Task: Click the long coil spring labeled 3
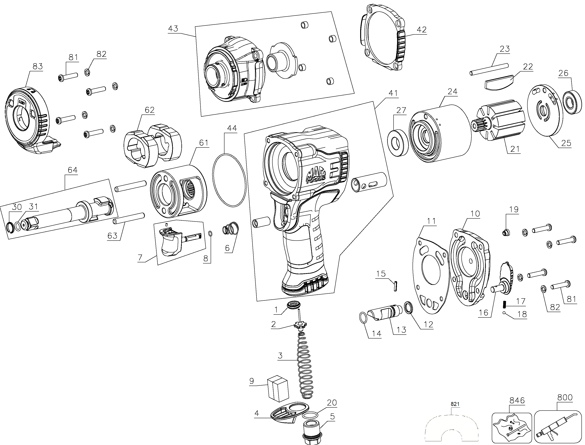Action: pyautogui.click(x=304, y=365)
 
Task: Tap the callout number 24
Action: pyautogui.click(x=452, y=91)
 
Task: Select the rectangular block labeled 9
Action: pyautogui.click(x=278, y=389)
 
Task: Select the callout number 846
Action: pyautogui.click(x=517, y=400)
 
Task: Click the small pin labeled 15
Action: pyautogui.click(x=395, y=286)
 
